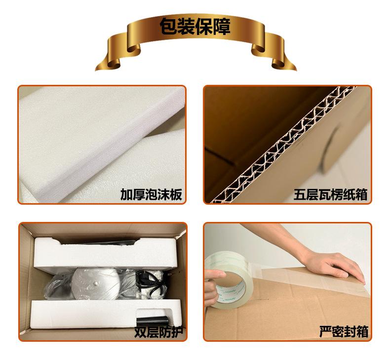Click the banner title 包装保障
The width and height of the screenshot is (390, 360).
click(195, 27)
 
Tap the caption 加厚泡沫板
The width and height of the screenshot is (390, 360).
click(151, 194)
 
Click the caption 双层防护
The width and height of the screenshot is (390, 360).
click(158, 332)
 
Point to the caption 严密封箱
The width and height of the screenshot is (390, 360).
click(344, 332)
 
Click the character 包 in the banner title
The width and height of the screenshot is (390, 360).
click(168, 27)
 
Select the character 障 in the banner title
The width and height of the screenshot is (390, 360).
click(222, 27)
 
